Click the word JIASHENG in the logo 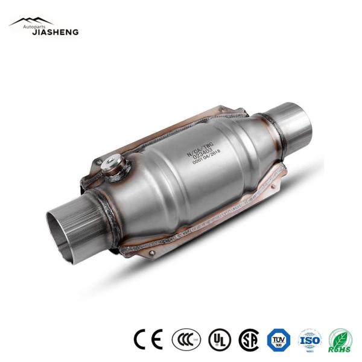click(x=55, y=32)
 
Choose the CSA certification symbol click(x=249, y=340)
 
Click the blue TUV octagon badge click(x=279, y=340)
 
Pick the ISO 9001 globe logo click(x=310, y=340)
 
